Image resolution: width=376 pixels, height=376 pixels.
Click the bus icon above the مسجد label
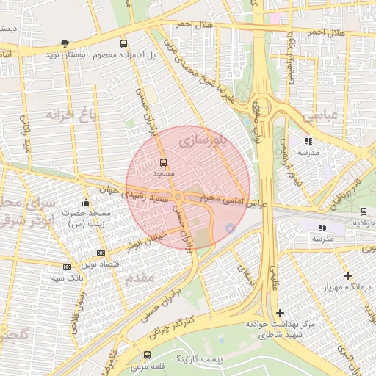[162, 162]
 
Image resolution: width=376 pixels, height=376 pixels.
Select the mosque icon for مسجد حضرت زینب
[86, 203]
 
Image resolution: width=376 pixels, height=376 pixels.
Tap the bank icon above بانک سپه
[68, 267]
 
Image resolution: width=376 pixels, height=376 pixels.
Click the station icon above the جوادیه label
[360, 210]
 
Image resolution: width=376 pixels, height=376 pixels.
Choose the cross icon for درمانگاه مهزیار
[347, 275]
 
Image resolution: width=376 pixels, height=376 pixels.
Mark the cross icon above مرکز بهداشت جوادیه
[280, 313]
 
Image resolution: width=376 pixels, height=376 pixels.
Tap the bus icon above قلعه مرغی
[148, 355]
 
